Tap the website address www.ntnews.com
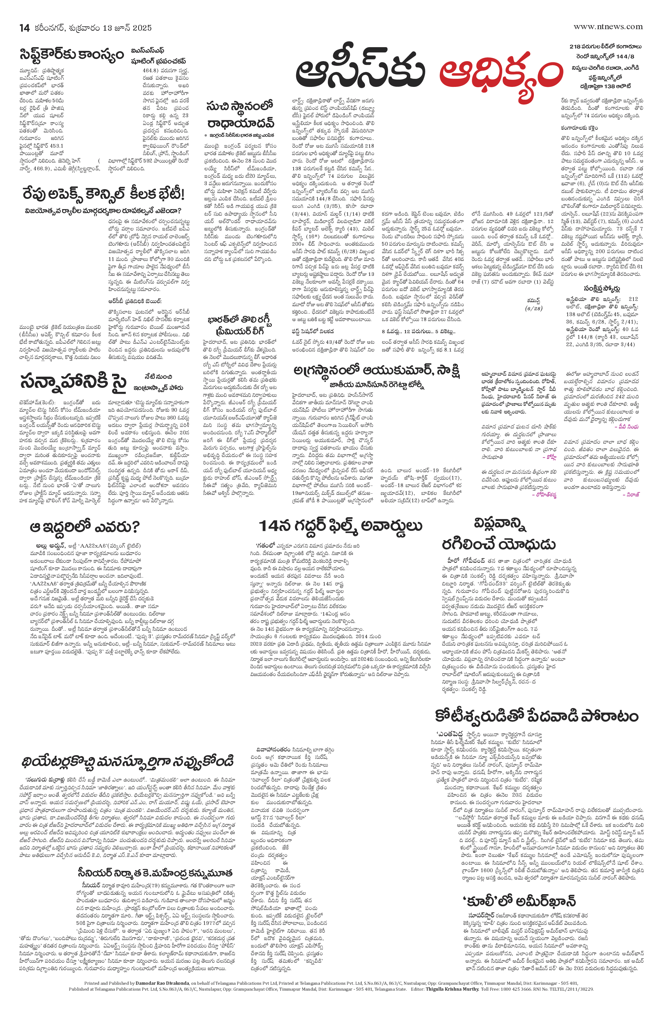608,26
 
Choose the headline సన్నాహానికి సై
73,382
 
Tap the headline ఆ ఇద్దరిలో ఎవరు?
85,527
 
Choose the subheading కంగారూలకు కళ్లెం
579,128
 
